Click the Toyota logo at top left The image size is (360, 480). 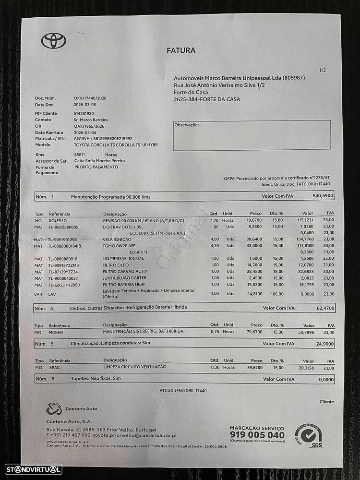tap(53, 41)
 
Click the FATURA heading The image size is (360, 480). tap(181, 50)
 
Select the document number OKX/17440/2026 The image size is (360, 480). tap(90, 98)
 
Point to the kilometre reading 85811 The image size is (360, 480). tap(80, 155)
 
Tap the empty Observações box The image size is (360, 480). tap(252, 136)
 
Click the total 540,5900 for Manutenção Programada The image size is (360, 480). tap(323, 196)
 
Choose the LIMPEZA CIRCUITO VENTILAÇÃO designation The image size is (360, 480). tap(134, 367)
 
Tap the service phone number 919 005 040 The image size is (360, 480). tap(257, 435)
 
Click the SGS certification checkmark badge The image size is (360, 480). tap(308, 433)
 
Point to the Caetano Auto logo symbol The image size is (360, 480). tap(54, 409)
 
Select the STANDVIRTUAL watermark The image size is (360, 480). tap(33, 469)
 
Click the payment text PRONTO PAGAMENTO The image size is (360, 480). tap(96, 167)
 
